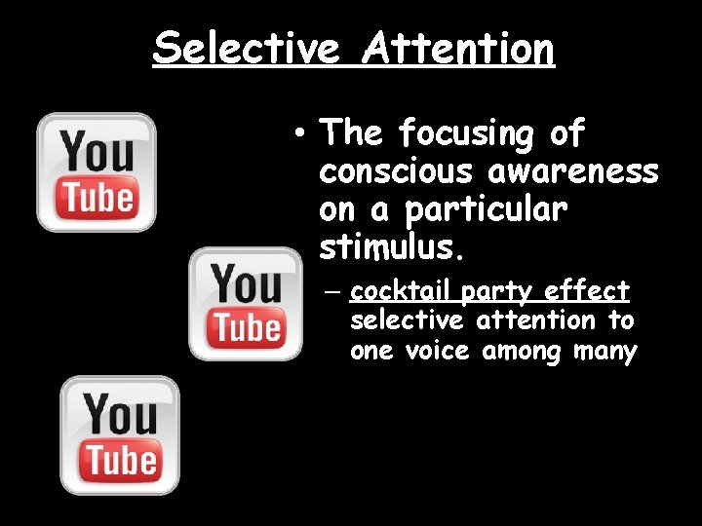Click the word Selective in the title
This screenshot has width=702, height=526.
(x=248, y=47)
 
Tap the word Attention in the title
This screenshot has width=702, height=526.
(x=458, y=47)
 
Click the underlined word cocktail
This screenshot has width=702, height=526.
(x=401, y=291)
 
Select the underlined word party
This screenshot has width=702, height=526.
(x=498, y=291)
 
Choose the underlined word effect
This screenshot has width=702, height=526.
(x=588, y=291)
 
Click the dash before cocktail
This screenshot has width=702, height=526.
(x=333, y=291)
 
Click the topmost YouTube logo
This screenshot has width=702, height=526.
(x=96, y=172)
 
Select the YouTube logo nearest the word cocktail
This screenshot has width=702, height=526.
(x=246, y=303)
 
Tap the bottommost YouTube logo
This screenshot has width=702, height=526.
(x=120, y=434)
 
